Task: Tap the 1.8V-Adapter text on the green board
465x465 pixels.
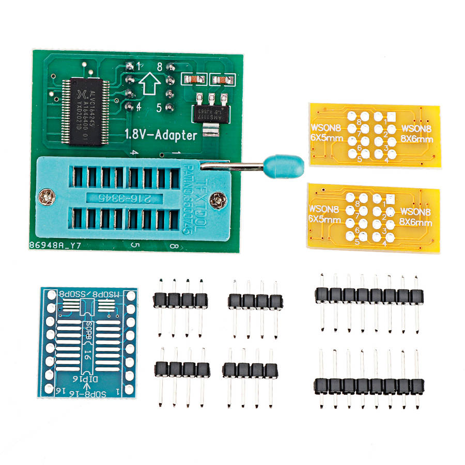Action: (161, 136)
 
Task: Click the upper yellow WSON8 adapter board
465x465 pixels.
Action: (374, 134)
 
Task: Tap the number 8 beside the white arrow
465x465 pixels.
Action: (160, 67)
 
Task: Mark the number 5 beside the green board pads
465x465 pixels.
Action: (160, 108)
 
